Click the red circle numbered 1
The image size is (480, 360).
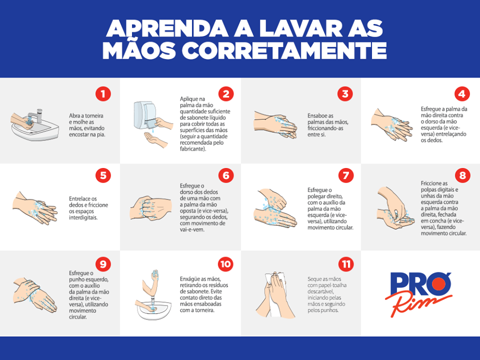[x=103, y=93]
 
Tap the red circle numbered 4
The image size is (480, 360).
[x=461, y=93]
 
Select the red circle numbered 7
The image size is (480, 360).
[x=346, y=175]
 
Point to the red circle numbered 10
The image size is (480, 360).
[x=225, y=264]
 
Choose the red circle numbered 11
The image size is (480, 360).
[x=346, y=264]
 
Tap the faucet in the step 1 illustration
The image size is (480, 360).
[x=36, y=115]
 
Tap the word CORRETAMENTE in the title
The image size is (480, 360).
[x=284, y=50]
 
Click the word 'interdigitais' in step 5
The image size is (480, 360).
[x=83, y=217]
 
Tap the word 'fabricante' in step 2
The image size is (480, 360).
[x=193, y=149]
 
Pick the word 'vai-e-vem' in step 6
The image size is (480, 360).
[x=192, y=229]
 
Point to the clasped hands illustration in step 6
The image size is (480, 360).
[x=150, y=208]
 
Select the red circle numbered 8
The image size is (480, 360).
[x=462, y=175]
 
